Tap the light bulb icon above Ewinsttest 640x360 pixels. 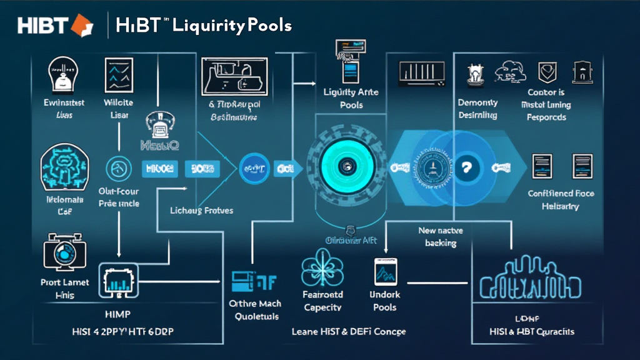[61, 75]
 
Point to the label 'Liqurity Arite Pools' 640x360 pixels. [351, 99]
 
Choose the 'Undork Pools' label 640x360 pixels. [385, 301]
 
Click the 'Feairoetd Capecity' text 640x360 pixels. [322, 301]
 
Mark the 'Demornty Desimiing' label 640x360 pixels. [477, 109]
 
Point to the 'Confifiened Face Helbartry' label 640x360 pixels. [561, 199]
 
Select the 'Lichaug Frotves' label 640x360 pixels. [202, 211]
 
